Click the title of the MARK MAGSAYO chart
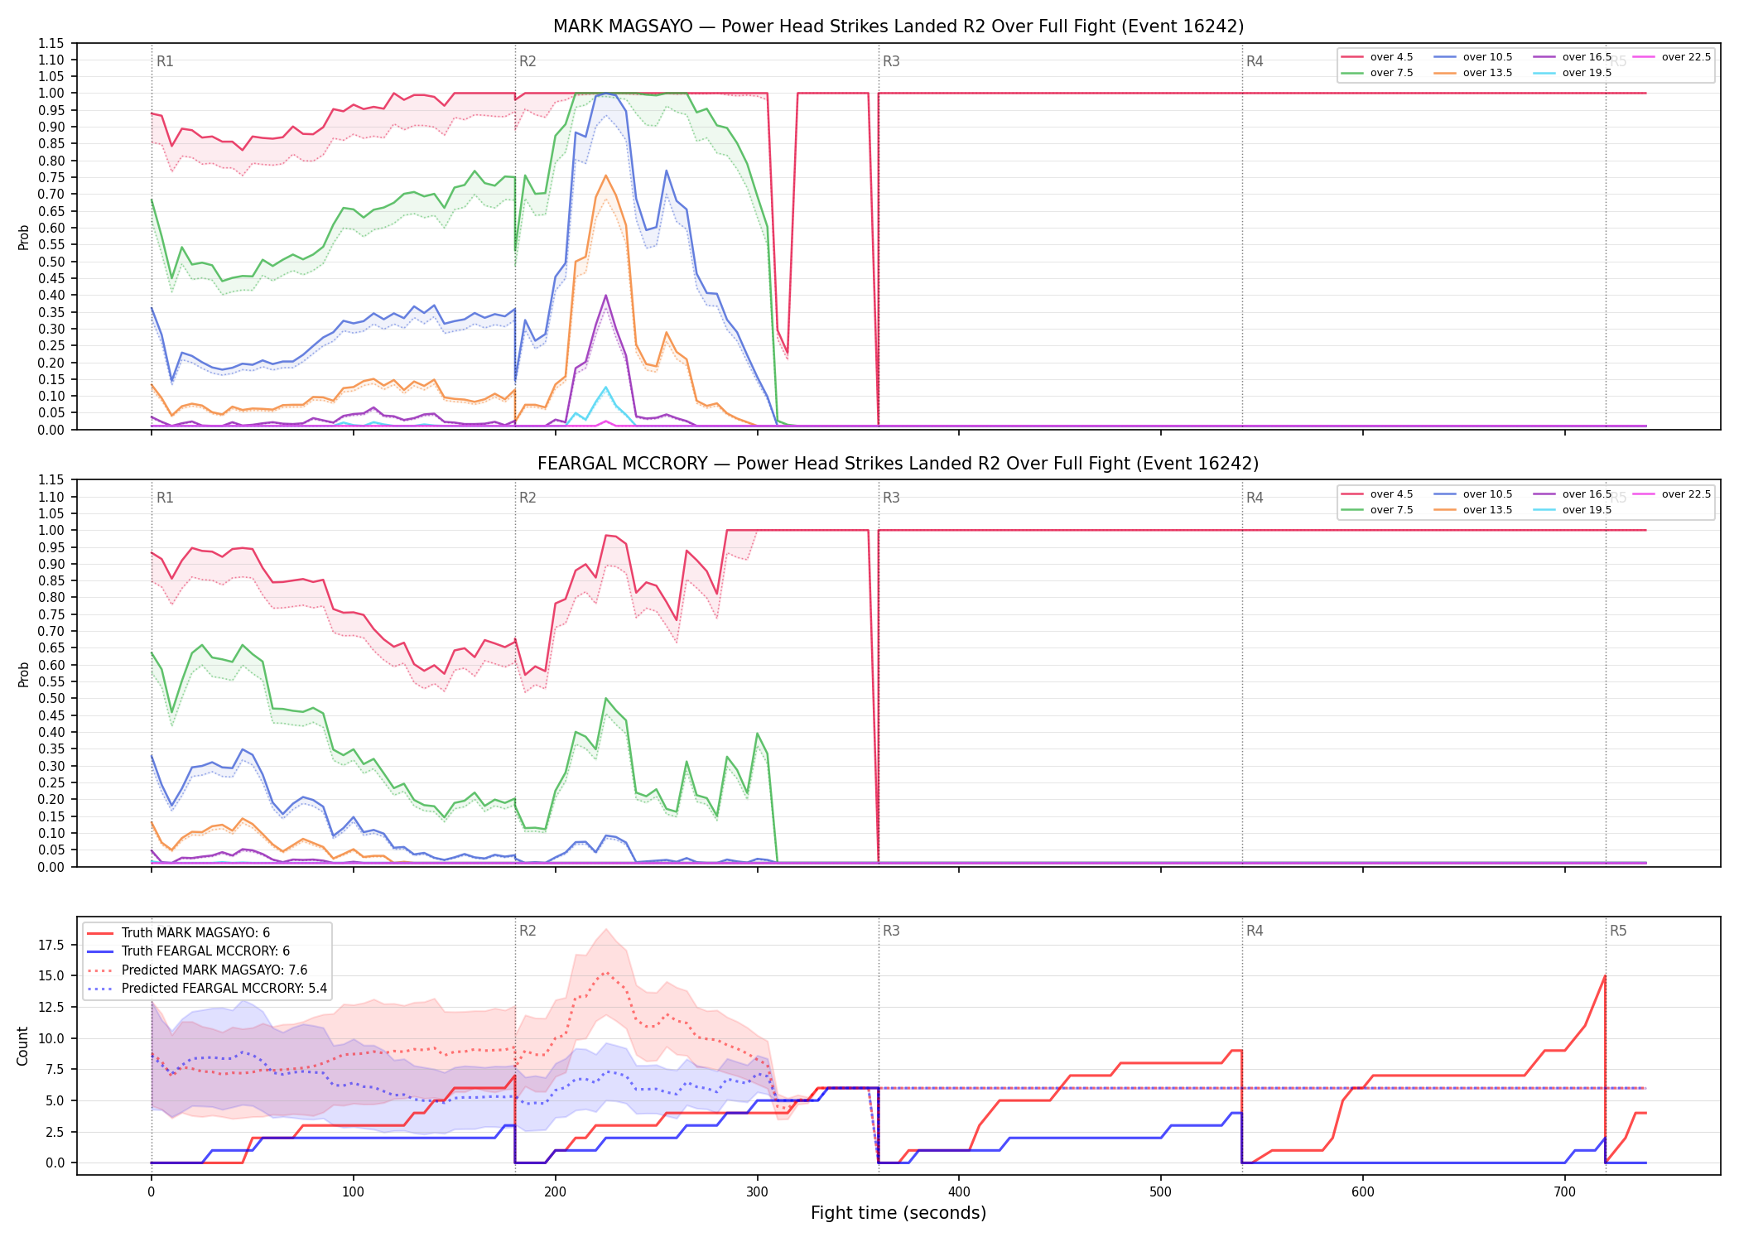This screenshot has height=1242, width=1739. (x=898, y=26)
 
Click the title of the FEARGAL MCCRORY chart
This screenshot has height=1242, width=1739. (x=898, y=464)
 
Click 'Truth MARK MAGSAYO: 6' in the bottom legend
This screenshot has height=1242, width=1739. (x=195, y=933)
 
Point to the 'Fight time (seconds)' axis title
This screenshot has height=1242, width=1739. (x=898, y=1213)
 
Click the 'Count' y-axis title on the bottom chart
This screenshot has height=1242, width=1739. (x=22, y=1046)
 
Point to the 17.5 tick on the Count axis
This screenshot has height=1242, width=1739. (x=54, y=946)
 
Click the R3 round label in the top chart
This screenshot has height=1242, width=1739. (x=891, y=61)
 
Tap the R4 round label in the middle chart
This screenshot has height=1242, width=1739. (x=1255, y=498)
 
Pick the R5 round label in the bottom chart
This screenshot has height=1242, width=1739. (x=1618, y=931)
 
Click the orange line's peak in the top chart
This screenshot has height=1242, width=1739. (x=605, y=176)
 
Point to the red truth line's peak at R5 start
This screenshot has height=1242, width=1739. (x=1605, y=976)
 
